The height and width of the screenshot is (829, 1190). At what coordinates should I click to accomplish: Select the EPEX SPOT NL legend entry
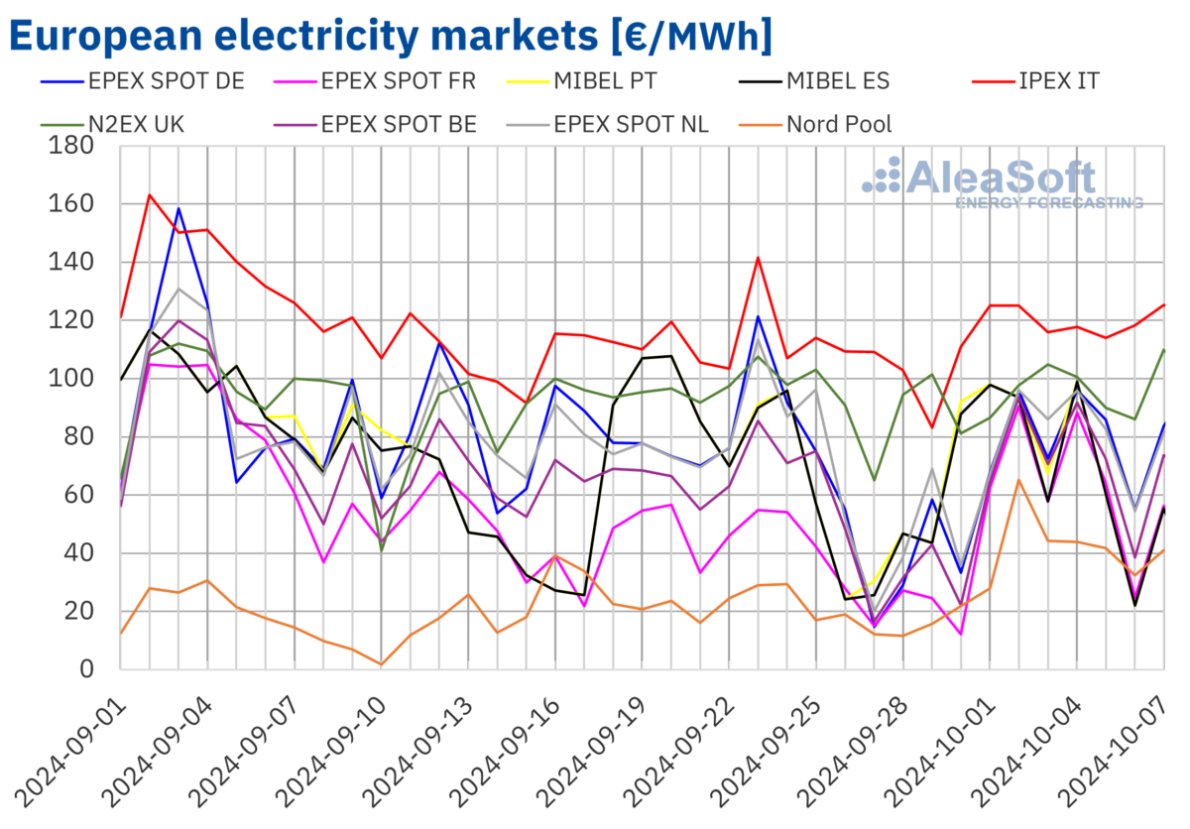tap(632, 125)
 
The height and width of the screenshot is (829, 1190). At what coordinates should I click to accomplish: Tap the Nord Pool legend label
tap(838, 125)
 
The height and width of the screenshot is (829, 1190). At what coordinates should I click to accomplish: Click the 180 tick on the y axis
tap(72, 146)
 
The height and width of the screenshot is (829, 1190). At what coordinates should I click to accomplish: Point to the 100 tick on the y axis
tap(72, 379)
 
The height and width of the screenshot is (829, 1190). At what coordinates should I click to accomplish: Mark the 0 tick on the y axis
tap(86, 669)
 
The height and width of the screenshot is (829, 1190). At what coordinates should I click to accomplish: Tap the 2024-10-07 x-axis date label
tap(1126, 754)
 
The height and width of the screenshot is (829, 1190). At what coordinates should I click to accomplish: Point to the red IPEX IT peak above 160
tap(150, 194)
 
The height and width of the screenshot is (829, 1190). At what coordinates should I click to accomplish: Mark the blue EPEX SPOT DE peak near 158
tap(178, 208)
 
